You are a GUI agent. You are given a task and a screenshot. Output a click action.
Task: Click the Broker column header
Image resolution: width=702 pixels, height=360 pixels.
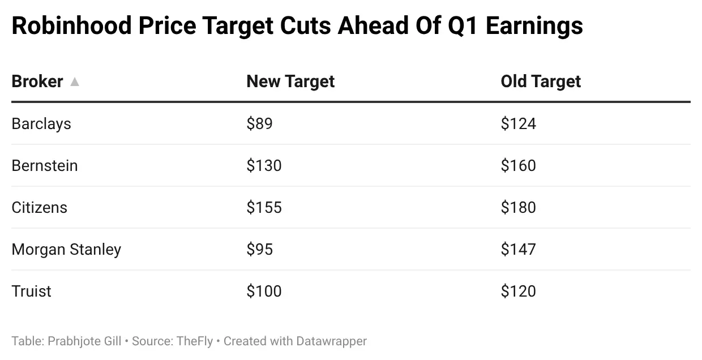pyautogui.click(x=37, y=82)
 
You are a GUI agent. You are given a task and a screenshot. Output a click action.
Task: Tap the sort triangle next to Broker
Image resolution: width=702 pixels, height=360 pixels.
pyautogui.click(x=75, y=82)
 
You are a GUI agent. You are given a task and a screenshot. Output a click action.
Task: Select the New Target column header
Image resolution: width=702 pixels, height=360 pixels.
pyautogui.click(x=290, y=82)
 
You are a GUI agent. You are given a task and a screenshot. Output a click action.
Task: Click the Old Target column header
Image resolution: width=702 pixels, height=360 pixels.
pyautogui.click(x=541, y=82)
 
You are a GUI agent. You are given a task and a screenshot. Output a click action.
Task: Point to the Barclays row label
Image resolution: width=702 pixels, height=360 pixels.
pyautogui.click(x=41, y=123)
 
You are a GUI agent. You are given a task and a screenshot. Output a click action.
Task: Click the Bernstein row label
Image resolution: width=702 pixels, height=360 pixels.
pyautogui.click(x=45, y=165)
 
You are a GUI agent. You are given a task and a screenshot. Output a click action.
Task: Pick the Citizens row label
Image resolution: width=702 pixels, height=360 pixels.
pyautogui.click(x=39, y=207)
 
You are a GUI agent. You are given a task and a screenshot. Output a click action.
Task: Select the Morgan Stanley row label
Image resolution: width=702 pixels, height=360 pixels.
pyautogui.click(x=66, y=249)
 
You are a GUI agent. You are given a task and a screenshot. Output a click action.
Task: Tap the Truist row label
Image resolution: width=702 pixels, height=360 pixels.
pyautogui.click(x=31, y=291)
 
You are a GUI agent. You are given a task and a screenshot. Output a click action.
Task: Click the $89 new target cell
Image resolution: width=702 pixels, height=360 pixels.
pyautogui.click(x=259, y=123)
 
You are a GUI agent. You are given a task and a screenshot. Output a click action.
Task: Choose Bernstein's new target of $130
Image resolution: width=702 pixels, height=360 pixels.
pyautogui.click(x=264, y=165)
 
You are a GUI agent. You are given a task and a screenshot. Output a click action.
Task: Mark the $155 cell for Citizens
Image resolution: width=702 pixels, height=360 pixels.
pyautogui.click(x=264, y=207)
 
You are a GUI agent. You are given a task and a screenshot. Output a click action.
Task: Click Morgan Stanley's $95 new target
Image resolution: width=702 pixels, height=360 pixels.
pyautogui.click(x=259, y=249)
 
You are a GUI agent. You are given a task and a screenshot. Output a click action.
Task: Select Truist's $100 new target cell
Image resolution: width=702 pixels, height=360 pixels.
pyautogui.click(x=264, y=291)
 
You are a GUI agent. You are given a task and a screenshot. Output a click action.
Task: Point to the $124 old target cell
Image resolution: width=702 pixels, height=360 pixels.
pyautogui.click(x=518, y=123)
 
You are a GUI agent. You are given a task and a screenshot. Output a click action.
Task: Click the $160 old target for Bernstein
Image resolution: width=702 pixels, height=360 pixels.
pyautogui.click(x=518, y=165)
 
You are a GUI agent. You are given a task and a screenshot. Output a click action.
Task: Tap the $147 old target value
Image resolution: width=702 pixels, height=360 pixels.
pyautogui.click(x=518, y=249)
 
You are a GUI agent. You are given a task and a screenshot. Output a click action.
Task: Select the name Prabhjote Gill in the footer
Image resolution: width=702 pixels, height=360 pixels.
pyautogui.click(x=84, y=341)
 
